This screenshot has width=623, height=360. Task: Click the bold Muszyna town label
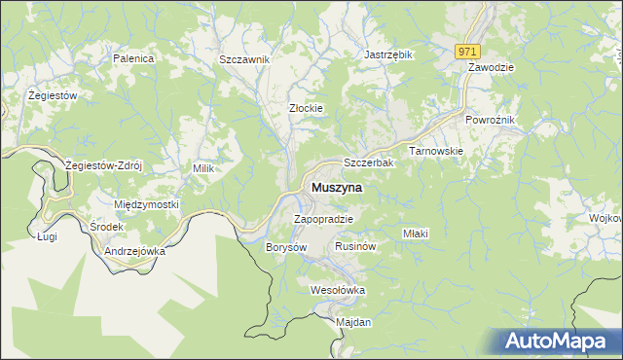[337, 187]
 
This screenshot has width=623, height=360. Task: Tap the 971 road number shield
[467, 52]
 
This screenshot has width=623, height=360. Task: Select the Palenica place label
[133, 59]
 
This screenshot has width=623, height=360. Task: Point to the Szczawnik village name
[244, 59]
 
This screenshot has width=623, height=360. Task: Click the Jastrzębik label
[388, 54]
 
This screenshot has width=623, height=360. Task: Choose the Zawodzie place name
[491, 68]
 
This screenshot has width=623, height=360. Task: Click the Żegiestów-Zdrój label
[103, 165]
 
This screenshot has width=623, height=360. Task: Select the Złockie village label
[306, 108]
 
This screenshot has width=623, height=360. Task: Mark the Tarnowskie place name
[435, 152]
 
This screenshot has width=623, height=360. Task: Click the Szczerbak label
[369, 163]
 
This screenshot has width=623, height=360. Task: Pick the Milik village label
[202, 168]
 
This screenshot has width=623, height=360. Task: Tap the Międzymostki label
[147, 205]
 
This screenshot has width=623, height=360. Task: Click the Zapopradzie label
[322, 219]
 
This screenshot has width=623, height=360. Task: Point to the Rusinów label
[355, 246]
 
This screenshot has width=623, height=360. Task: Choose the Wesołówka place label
[337, 290]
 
